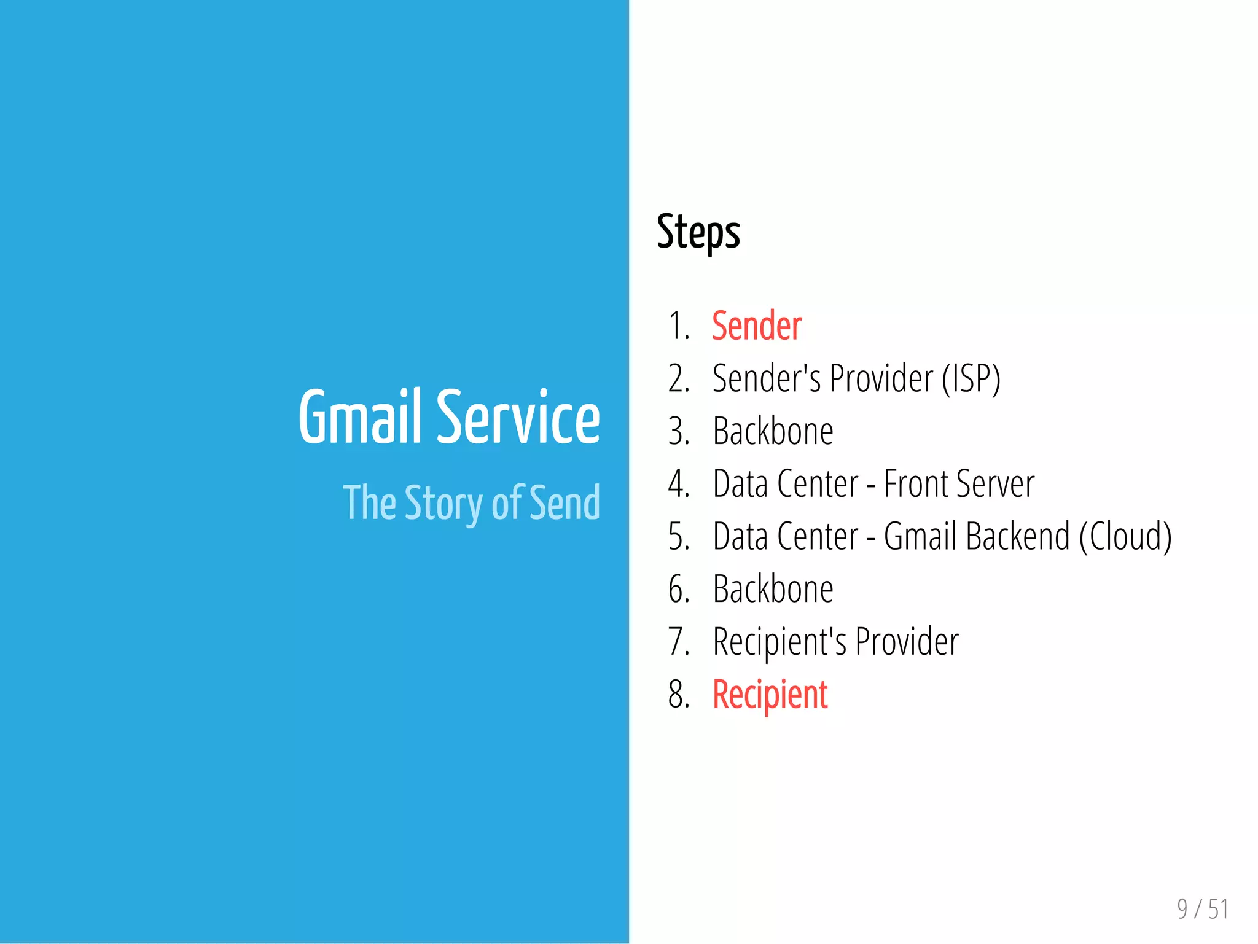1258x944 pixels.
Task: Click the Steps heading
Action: click(698, 232)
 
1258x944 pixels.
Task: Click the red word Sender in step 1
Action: click(757, 326)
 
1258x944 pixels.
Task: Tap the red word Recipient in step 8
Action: click(770, 695)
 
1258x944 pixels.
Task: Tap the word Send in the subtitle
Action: click(565, 502)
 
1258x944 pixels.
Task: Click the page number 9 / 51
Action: click(1202, 909)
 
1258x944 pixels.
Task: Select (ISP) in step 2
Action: click(971, 378)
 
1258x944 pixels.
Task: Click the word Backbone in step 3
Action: click(773, 431)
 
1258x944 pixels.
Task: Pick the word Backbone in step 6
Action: click(773, 589)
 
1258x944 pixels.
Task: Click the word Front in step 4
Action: click(915, 484)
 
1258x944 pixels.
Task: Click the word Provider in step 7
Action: click(907, 642)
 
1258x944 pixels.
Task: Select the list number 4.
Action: click(678, 484)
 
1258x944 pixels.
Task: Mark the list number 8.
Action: click(678, 695)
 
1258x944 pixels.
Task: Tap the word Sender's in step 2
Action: click(766, 378)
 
